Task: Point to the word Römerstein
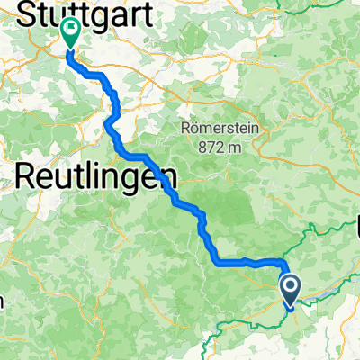click(220, 128)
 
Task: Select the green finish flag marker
click(71, 31)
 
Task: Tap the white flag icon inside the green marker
click(71, 30)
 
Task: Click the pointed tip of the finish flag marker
click(71, 47)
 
